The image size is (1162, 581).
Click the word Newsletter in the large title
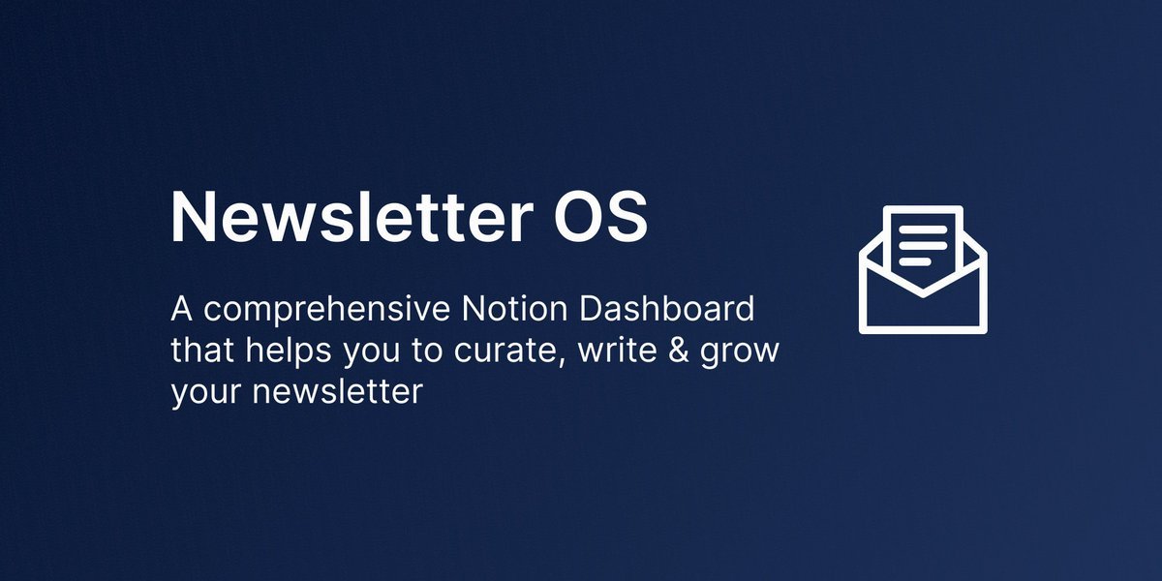point(352,216)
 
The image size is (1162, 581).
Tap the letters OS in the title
point(600,216)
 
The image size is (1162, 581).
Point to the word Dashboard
point(666,309)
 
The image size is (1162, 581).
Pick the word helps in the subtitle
point(289,352)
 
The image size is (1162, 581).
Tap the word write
point(618,351)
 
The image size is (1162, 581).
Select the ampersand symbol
point(679,351)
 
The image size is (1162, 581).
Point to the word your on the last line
point(206,394)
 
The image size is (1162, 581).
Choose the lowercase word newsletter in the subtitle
point(338,390)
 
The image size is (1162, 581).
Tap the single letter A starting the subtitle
point(182,309)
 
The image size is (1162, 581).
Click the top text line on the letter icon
point(923,229)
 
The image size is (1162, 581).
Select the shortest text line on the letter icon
point(915,262)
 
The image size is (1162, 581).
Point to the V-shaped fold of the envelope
point(923,293)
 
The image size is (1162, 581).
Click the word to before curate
point(428,351)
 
